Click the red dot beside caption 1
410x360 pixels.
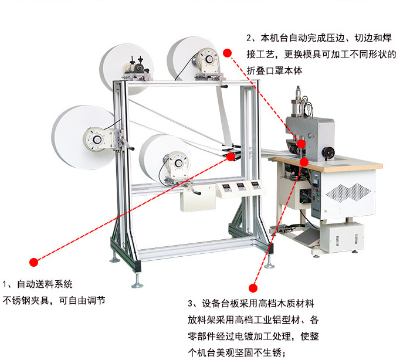pyautogui.click(x=34, y=261)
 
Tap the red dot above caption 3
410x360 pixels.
pyautogui.click(x=253, y=288)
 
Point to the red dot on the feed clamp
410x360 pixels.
pyautogui.click(x=231, y=157)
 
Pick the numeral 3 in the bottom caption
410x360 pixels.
pyautogui.click(x=191, y=304)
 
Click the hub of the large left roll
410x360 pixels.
pyautogui.click(x=94, y=139)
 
